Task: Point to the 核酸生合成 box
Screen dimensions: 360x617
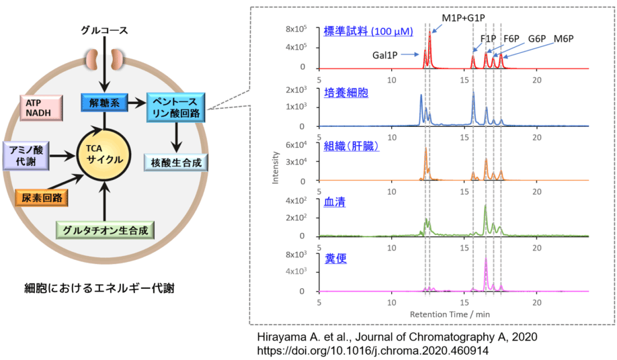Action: (x=177, y=162)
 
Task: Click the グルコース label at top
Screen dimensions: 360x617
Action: (x=104, y=31)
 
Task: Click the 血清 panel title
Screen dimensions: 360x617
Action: (x=335, y=203)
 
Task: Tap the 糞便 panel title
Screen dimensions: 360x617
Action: (x=335, y=258)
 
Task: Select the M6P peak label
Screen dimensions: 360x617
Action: (x=563, y=38)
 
